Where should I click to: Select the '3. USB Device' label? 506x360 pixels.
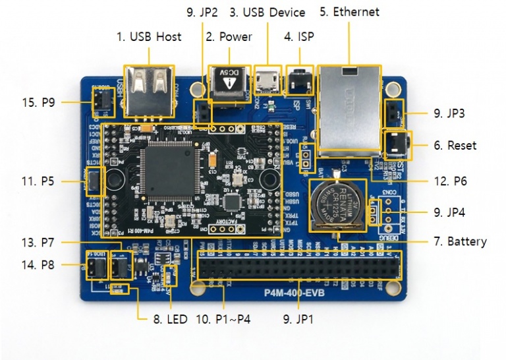coord(267,12)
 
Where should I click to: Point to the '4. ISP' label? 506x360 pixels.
coord(298,37)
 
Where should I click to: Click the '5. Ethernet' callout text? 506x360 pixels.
coord(349,12)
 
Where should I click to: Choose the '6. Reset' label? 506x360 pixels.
coord(455,144)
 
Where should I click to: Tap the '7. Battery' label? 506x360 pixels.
coord(460,241)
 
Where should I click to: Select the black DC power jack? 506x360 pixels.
coord(228,84)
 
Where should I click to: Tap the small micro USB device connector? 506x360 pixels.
coord(267,82)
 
